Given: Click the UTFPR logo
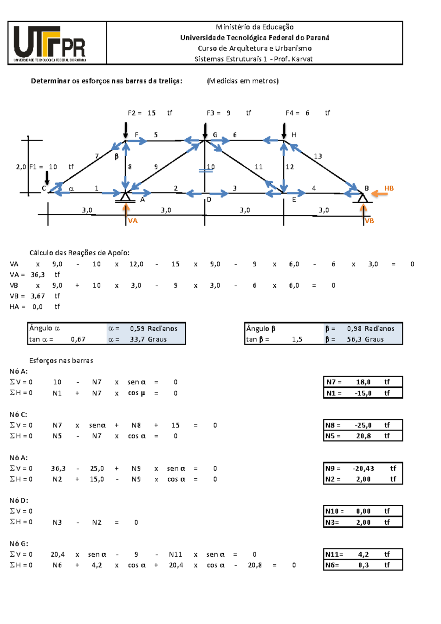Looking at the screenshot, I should pyautogui.click(x=50, y=43).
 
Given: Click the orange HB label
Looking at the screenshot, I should pyautogui.click(x=389, y=188).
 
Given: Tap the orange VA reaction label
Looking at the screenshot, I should pyautogui.click(x=133, y=221).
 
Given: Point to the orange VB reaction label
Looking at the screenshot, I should pyautogui.click(x=369, y=221).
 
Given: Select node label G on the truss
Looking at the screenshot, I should pyautogui.click(x=215, y=135).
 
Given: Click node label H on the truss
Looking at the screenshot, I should pyautogui.click(x=294, y=135).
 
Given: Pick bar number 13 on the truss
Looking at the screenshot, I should pyautogui.click(x=318, y=156).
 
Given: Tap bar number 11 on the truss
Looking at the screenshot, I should pyautogui.click(x=259, y=167).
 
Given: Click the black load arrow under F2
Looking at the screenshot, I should pyautogui.click(x=126, y=130).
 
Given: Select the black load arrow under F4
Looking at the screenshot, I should pyautogui.click(x=284, y=130).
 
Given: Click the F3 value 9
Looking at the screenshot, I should pyautogui.click(x=229, y=113).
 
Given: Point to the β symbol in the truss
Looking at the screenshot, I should pyautogui.click(x=116, y=156).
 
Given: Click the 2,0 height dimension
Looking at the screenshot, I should pyautogui.click(x=21, y=167).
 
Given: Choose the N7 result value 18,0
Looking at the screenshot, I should pyautogui.click(x=363, y=382).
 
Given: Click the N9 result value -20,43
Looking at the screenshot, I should pyautogui.click(x=363, y=468).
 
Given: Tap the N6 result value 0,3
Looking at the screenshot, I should pyautogui.click(x=363, y=565).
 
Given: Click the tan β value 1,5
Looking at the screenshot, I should pyautogui.click(x=297, y=339).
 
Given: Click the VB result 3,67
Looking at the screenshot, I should pyautogui.click(x=37, y=296).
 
